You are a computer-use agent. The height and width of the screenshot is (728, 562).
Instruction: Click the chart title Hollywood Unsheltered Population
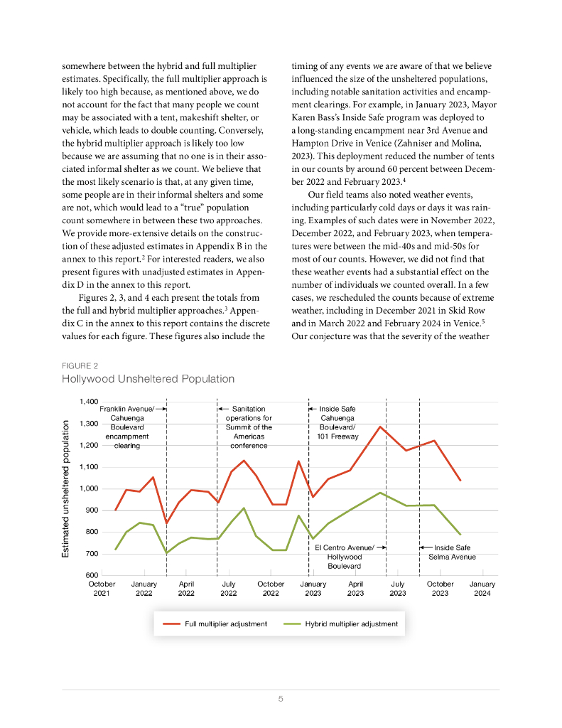tap(148, 379)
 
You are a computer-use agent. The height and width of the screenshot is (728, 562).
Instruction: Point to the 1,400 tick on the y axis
tap(88, 402)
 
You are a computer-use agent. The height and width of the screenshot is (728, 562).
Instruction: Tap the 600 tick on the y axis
tap(92, 575)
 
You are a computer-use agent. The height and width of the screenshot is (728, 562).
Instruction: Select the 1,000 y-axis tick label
tap(88, 488)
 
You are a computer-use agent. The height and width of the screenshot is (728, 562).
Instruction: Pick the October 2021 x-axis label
tap(102, 589)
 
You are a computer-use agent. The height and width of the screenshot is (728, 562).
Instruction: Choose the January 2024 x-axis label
tap(482, 589)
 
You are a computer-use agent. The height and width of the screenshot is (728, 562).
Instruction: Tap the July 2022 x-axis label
tap(228, 589)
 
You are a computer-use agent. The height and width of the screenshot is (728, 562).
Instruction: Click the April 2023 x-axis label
tap(355, 589)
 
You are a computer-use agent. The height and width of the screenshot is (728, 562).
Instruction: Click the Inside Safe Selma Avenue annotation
tap(453, 552)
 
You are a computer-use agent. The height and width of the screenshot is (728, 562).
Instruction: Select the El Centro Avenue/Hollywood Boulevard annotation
tap(345, 557)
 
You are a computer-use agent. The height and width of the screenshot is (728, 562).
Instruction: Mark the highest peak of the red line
tap(381, 427)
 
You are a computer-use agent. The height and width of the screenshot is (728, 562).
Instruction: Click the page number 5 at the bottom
tap(281, 699)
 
